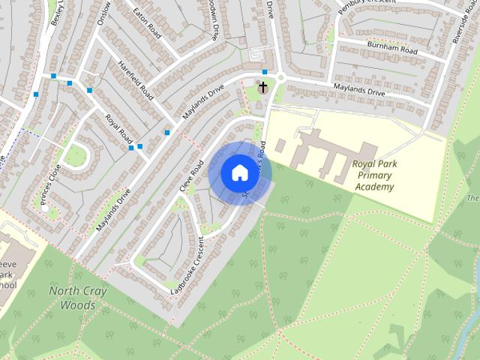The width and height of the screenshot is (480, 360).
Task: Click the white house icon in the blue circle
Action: click(x=239, y=173)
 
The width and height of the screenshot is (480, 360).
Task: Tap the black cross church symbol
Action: click(x=262, y=88)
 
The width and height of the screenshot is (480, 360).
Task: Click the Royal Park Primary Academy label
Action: click(x=384, y=174)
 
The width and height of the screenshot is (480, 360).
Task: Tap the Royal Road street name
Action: click(x=118, y=129)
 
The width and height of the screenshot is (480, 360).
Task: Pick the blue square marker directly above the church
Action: click(x=264, y=72)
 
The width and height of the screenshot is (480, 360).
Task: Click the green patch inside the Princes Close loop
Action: click(x=75, y=155)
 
